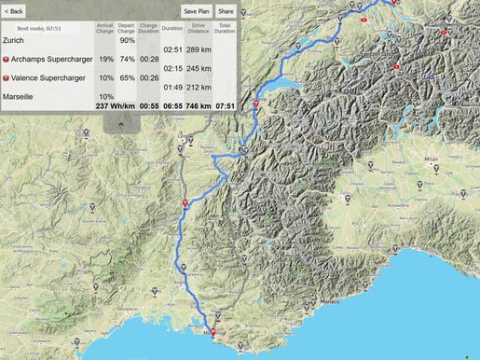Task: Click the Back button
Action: point(13,11)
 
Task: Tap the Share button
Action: point(226,11)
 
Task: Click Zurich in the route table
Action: point(15,40)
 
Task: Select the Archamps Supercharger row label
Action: point(50,58)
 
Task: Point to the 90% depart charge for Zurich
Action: point(127,40)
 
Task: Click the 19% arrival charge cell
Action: point(105,58)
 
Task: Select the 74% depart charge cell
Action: point(127,58)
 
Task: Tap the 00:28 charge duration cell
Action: point(148,58)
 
